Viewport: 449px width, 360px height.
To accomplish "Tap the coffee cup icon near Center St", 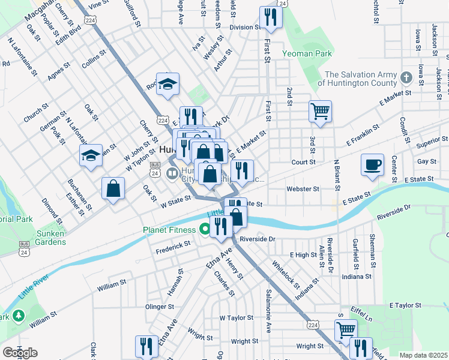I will point(372,165).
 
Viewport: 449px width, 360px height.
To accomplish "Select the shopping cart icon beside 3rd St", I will point(321,111).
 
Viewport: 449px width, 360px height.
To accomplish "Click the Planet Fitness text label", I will point(169,230).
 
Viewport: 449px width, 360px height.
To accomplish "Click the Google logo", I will point(20,352).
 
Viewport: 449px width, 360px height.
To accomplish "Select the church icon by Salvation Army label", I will point(406,77).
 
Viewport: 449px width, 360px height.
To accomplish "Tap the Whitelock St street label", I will point(285,271).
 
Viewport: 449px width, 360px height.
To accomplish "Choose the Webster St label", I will point(303,188).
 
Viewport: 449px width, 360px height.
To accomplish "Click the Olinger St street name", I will point(160,307).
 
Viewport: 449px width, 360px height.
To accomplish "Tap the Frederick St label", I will point(173,244).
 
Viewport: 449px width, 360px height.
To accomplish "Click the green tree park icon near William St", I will point(19,315).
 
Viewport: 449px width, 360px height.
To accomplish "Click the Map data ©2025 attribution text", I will point(423,355).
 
